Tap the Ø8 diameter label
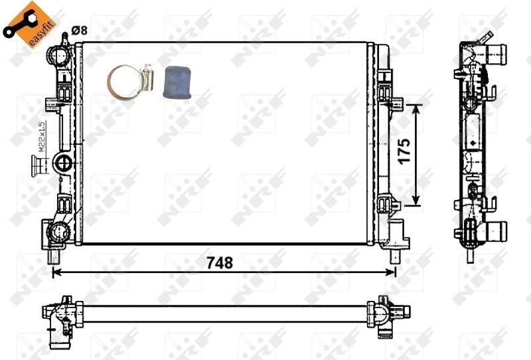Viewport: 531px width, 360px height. pos(79,30)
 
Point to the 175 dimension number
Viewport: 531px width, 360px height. pos(407,153)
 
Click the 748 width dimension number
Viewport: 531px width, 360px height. pos(219,262)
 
